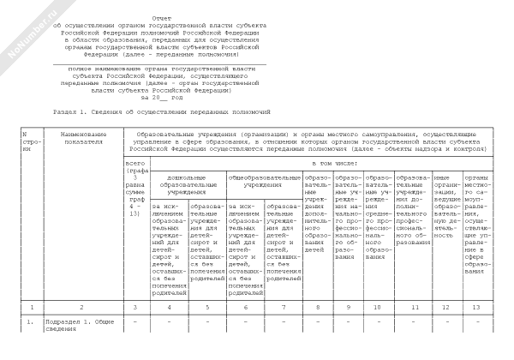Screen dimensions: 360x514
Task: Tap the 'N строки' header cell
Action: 29,142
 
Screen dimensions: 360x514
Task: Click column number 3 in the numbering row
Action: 135,307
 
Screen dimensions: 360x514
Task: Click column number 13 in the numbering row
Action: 476,307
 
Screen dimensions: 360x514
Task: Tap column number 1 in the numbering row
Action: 29,307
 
